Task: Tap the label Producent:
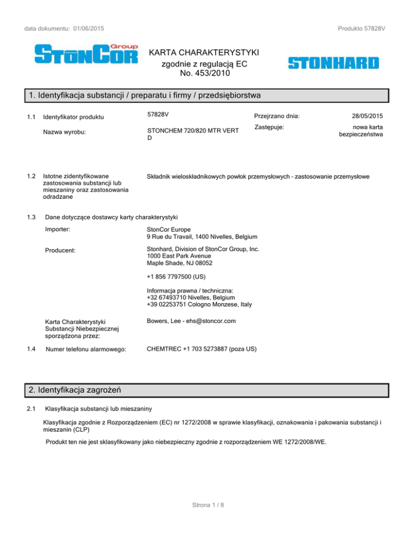(61, 250)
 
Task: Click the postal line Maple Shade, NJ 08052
(179, 264)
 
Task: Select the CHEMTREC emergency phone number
(201, 349)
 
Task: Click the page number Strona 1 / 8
(207, 505)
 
